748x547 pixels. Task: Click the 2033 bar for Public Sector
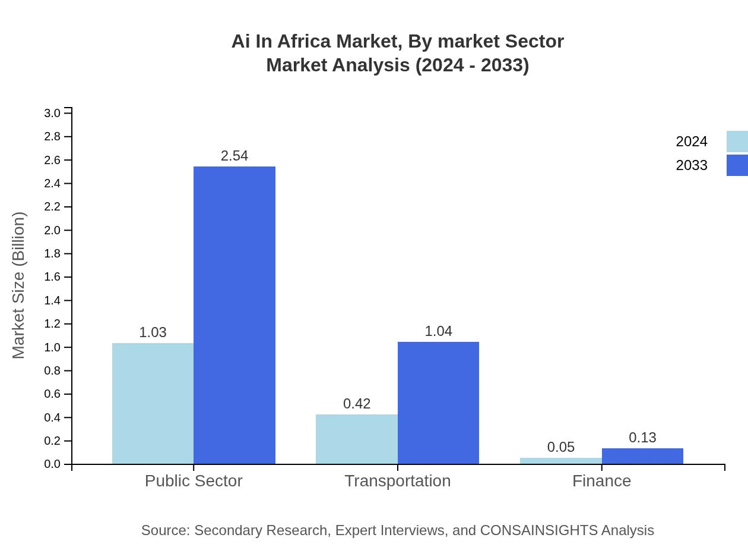click(x=234, y=315)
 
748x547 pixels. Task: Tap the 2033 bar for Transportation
click(x=438, y=403)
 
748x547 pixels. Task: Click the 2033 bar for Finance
click(x=642, y=456)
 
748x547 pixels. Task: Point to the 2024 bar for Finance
click(x=560, y=461)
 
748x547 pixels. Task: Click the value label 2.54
click(x=234, y=156)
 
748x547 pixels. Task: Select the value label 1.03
click(x=153, y=332)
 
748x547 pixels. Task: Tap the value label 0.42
click(x=357, y=404)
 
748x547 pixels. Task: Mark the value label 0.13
click(x=642, y=438)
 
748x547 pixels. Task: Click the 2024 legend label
click(x=692, y=142)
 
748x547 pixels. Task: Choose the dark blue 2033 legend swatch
click(x=737, y=165)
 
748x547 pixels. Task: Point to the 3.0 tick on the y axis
click(x=52, y=113)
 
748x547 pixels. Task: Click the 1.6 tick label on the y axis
click(x=52, y=277)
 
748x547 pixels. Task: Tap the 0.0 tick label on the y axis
click(x=52, y=464)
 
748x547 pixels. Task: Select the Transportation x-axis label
click(x=398, y=480)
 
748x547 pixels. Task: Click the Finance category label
click(x=601, y=480)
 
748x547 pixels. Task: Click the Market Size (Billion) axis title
click(x=19, y=285)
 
